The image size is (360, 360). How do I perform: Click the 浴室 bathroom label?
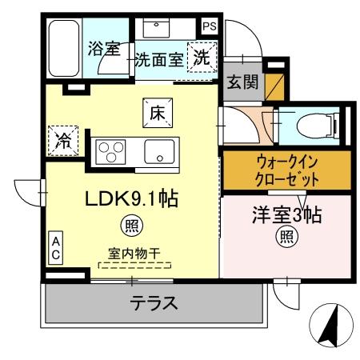(103, 48)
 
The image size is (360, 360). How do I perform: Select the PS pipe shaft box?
(209, 26)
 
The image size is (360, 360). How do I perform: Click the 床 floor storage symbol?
(156, 114)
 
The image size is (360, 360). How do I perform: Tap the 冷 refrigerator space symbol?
(62, 142)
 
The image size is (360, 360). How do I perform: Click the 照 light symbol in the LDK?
(127, 225)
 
